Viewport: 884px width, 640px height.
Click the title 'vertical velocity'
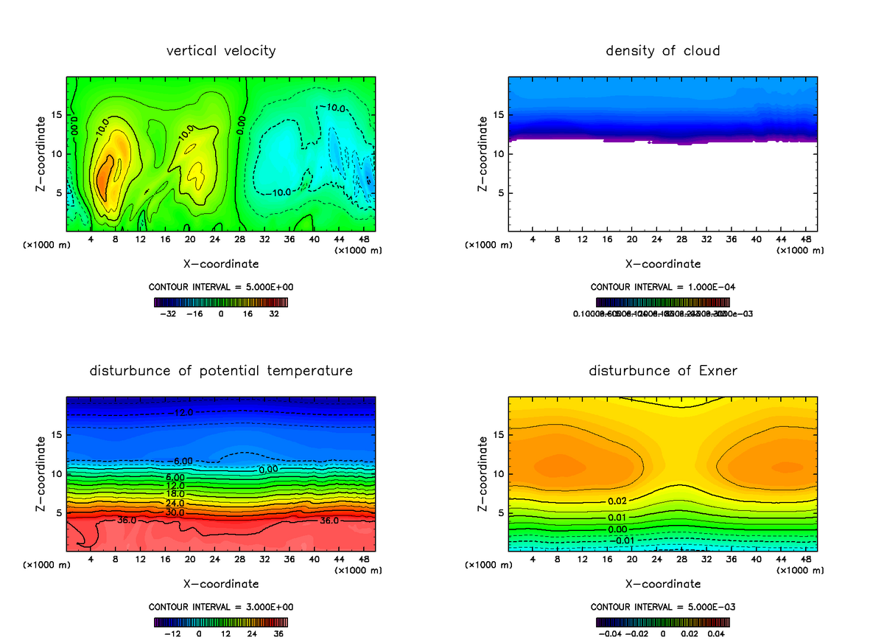coord(221,51)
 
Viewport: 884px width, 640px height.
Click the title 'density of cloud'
coord(663,51)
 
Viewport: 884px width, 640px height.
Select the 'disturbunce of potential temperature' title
coord(221,370)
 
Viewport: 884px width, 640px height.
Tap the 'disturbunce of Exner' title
coord(663,370)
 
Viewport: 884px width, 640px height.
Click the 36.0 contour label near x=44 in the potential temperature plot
coord(329,521)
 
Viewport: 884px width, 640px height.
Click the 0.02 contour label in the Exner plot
coord(618,501)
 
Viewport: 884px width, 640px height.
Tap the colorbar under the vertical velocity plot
coord(221,302)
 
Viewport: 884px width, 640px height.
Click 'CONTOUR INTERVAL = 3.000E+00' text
coord(221,607)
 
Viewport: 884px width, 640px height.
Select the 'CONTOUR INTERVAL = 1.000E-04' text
coord(663,287)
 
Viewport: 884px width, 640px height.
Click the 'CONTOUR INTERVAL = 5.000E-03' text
coord(663,607)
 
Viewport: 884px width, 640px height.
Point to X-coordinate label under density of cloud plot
coord(663,263)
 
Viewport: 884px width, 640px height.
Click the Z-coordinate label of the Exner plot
coord(484,473)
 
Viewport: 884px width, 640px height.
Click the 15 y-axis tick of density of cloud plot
coord(497,114)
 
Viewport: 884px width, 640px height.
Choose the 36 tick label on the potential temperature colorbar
coord(278,633)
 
